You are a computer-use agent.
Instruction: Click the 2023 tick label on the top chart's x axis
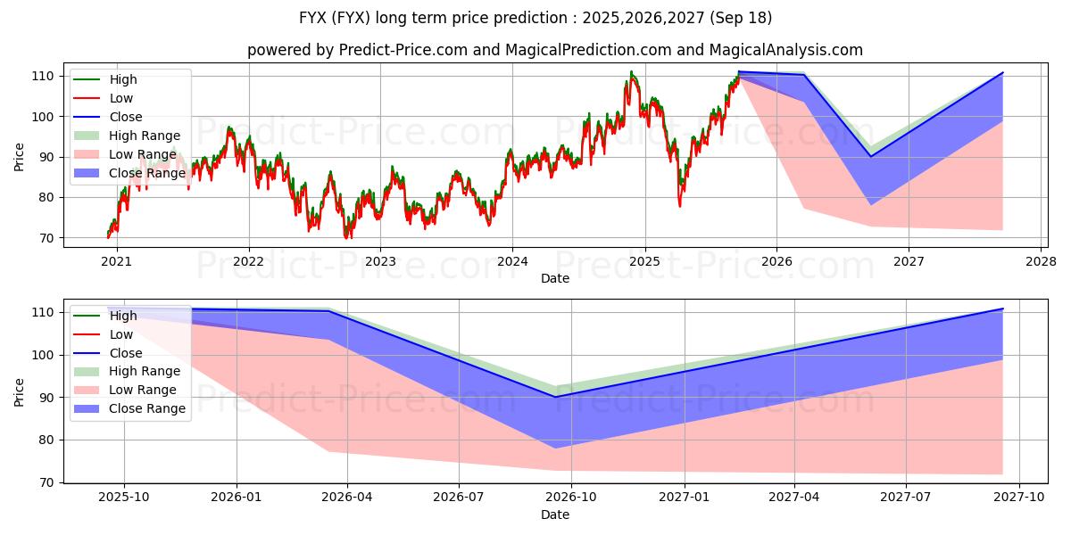click(x=380, y=261)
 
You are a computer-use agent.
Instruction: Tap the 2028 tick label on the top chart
click(x=1041, y=261)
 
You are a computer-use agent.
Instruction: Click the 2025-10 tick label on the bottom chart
click(x=124, y=497)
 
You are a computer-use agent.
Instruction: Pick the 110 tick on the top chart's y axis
click(x=44, y=76)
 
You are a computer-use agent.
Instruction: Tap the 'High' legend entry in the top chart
click(x=123, y=79)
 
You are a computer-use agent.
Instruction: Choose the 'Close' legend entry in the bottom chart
click(x=126, y=353)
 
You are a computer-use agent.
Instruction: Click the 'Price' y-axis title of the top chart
click(x=20, y=156)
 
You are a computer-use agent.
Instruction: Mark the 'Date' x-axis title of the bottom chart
click(x=554, y=514)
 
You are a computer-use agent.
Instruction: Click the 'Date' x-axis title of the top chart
click(x=554, y=278)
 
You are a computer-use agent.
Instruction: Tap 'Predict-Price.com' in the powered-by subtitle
click(x=403, y=50)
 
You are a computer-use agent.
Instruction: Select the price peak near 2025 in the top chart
click(x=631, y=72)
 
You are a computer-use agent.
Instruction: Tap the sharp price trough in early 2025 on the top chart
click(x=680, y=206)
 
